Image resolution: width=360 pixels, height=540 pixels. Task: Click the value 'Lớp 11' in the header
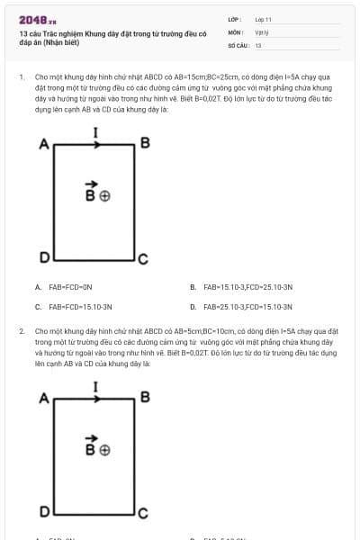tap(263, 19)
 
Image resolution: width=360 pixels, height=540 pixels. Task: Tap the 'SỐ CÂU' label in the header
tap(238, 44)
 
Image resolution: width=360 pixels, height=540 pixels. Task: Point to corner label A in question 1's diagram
tap(43, 144)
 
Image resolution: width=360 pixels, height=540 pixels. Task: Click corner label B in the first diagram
tap(144, 144)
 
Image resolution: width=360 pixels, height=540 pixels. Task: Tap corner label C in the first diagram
tap(142, 260)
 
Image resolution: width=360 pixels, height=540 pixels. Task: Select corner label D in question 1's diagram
tap(42, 259)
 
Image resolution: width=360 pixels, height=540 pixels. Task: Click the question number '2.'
tap(22, 331)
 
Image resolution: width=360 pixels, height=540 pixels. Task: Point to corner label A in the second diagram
tap(43, 397)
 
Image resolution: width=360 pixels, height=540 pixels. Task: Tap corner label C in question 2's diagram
tap(142, 514)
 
